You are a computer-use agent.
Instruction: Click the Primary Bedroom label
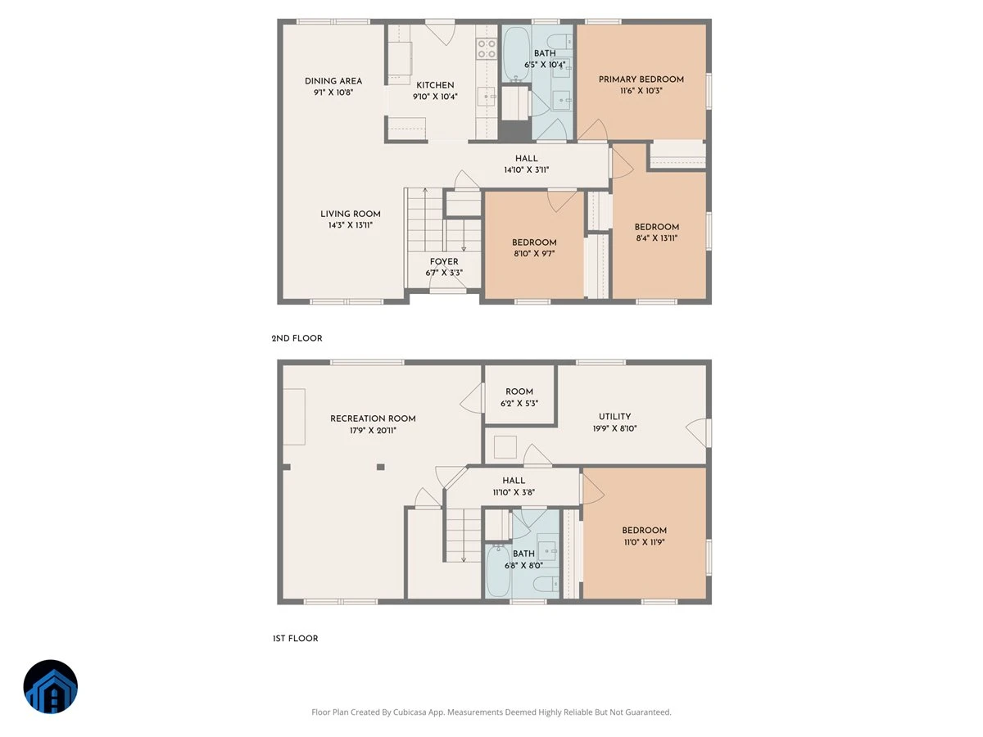[641, 79]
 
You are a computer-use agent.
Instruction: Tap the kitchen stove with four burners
[487, 49]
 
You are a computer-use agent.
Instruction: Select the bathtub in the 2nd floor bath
[516, 53]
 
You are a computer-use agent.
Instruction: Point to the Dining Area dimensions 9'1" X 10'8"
[333, 93]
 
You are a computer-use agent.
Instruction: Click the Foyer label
[444, 261]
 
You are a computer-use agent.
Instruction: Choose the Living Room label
[351, 214]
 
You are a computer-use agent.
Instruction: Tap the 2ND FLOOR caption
[297, 338]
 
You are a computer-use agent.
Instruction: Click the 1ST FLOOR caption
[295, 639]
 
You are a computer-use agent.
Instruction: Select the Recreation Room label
[373, 418]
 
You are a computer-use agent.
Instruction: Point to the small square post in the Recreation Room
[380, 467]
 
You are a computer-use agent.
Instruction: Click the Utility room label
[614, 416]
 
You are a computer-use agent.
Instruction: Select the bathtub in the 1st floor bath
[498, 570]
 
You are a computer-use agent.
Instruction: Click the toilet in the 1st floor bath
[546, 584]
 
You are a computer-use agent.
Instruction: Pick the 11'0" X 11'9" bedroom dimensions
[644, 542]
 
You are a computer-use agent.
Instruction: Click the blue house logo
[51, 686]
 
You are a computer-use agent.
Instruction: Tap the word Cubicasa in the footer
[410, 712]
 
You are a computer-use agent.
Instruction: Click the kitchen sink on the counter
[486, 96]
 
